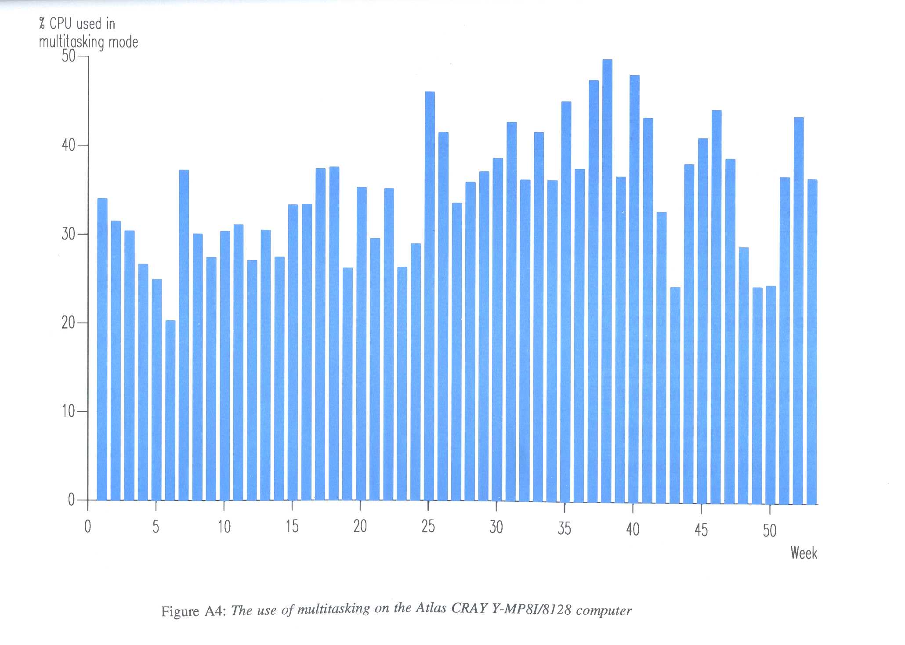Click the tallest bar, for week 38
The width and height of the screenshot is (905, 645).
click(x=607, y=281)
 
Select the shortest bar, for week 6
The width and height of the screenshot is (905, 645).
click(x=170, y=411)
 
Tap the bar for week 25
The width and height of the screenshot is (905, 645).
click(x=430, y=297)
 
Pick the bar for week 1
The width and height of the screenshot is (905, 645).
click(x=102, y=349)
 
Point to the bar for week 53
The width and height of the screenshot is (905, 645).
click(x=812, y=342)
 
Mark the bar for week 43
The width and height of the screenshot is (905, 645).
click(x=675, y=395)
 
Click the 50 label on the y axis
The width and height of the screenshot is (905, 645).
click(x=69, y=56)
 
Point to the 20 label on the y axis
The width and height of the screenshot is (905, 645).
click(x=69, y=323)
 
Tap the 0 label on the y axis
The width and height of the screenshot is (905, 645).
click(x=71, y=500)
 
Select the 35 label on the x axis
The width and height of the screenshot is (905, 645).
click(x=564, y=529)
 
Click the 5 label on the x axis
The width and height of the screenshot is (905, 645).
click(x=156, y=526)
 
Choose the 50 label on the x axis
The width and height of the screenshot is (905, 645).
click(x=770, y=531)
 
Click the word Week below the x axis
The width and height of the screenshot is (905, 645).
click(x=804, y=553)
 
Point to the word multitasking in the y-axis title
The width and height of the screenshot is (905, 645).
click(x=72, y=42)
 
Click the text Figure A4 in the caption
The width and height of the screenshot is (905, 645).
click(x=193, y=612)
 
